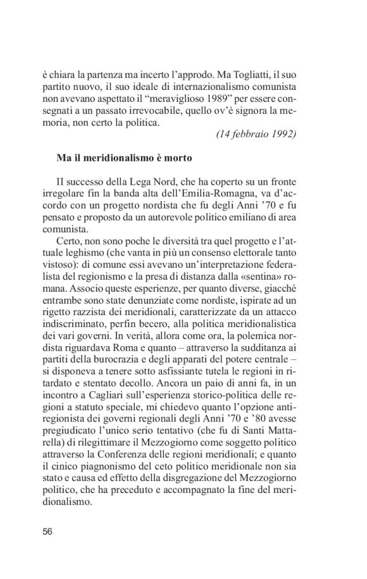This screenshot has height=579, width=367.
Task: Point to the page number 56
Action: [47, 532]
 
